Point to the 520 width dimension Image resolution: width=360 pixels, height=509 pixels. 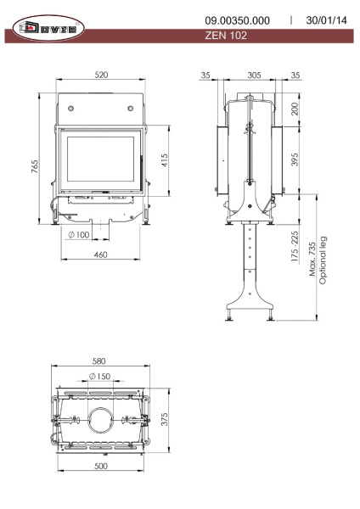pos(101,76)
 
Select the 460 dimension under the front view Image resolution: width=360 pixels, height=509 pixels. pos(99,255)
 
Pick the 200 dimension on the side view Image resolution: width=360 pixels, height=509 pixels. pos(295,111)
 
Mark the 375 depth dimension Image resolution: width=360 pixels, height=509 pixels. pos(166,421)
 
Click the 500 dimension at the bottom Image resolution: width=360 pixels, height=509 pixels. pos(100,467)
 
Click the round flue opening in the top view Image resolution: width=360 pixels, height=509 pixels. pos(101,419)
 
